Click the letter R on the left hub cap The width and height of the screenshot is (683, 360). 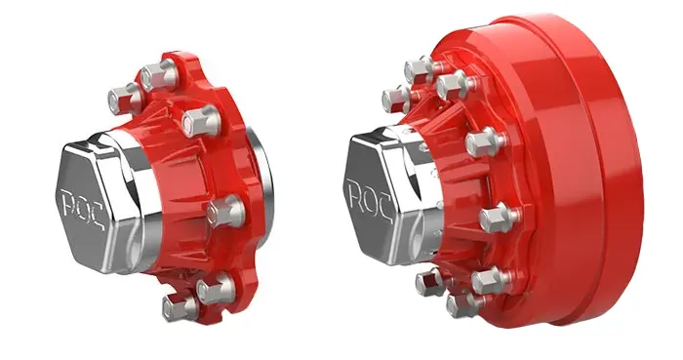pos(69,202)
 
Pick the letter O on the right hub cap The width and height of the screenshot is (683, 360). pos(370,198)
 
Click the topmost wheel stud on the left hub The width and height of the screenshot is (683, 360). pos(159,75)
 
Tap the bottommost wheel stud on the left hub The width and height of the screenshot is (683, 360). pos(180,307)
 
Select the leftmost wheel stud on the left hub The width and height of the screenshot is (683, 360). pos(125,99)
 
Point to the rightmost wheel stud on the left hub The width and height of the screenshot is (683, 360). pos(225,212)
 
